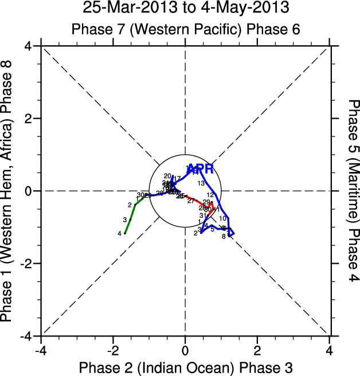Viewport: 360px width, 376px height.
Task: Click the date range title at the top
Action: pyautogui.click(x=185, y=9)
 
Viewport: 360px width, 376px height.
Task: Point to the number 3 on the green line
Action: pyautogui.click(x=124, y=220)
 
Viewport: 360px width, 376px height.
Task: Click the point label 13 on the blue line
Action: pyautogui.click(x=201, y=183)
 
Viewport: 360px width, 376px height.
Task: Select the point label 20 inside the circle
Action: pyautogui.click(x=167, y=176)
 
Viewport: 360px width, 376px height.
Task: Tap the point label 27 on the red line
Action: pyautogui.click(x=191, y=201)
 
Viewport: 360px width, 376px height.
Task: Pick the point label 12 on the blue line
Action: pyautogui.click(x=210, y=195)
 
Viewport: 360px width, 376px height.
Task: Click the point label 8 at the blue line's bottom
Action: pyautogui.click(x=224, y=236)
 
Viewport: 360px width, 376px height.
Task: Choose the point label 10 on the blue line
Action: pyautogui.click(x=222, y=219)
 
